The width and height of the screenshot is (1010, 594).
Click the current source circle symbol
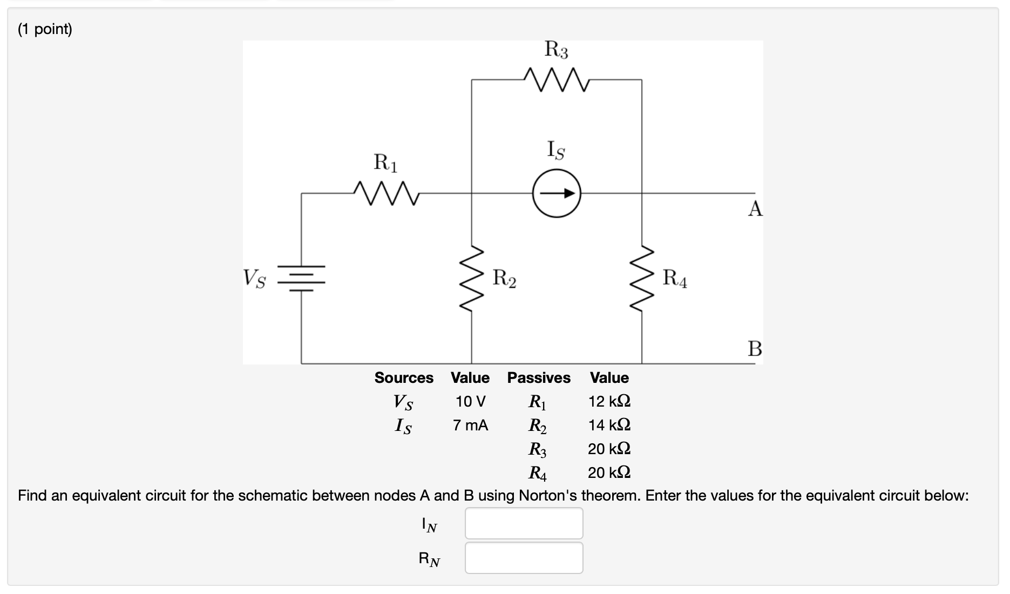(x=557, y=194)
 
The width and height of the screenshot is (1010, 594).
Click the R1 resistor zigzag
(x=385, y=193)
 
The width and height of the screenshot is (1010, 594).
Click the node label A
(x=755, y=208)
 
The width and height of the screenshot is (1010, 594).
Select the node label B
(x=755, y=349)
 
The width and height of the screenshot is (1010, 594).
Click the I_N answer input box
(x=524, y=523)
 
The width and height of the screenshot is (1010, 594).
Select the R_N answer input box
(x=524, y=558)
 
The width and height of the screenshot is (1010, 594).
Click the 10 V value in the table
(x=470, y=402)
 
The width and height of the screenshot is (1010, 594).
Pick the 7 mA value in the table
(x=470, y=426)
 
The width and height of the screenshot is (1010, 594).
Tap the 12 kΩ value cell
(x=609, y=402)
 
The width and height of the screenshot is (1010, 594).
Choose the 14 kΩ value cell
(x=609, y=426)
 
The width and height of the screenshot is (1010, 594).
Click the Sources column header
(x=404, y=378)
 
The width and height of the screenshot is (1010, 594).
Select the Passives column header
(x=538, y=378)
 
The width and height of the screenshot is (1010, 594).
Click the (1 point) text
(x=45, y=29)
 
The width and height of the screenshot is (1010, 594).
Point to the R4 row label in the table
(x=537, y=473)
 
